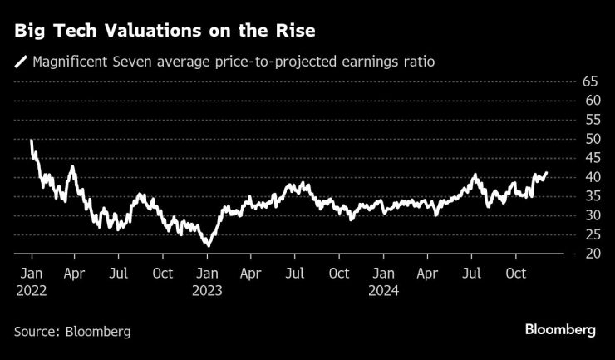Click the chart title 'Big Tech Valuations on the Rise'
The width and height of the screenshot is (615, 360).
pos(163,32)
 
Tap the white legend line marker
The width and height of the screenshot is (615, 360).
pos(20,61)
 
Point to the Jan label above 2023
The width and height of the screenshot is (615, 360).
pos(208,273)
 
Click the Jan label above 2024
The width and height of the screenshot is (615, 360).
pos(384,273)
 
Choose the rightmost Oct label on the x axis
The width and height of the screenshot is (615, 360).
pos(516,273)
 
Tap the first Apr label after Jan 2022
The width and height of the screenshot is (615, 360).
pos(75,273)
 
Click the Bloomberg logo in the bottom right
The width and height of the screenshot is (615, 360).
pos(560,330)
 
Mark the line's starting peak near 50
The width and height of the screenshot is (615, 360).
pos(32,141)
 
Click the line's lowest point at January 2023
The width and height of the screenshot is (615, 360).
pos(209,245)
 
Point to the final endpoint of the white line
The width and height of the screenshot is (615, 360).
pos(547,173)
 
